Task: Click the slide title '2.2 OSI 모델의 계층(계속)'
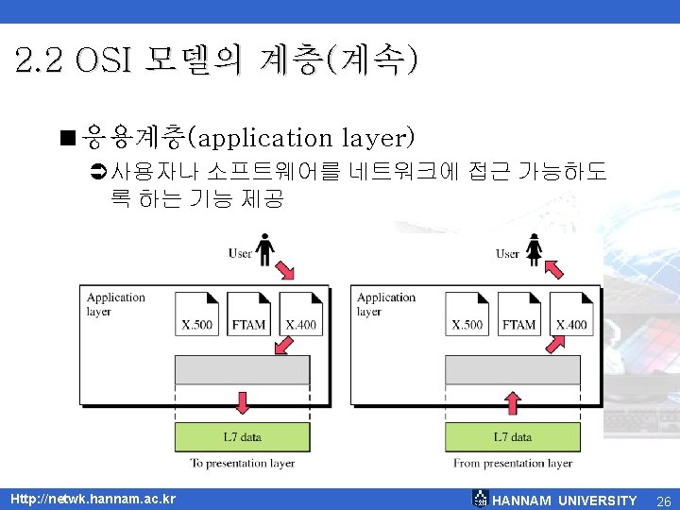click(215, 61)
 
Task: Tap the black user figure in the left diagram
click(265, 250)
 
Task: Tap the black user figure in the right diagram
click(534, 250)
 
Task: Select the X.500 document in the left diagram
click(197, 314)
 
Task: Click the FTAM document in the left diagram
click(248, 314)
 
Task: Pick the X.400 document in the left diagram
click(300, 314)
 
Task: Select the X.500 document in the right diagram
click(467, 314)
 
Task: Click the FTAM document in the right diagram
click(518, 314)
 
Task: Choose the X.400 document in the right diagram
click(570, 314)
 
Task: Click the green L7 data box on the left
click(243, 437)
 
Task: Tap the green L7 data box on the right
click(512, 437)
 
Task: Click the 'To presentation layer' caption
click(243, 464)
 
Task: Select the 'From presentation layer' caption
click(513, 464)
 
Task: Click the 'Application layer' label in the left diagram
click(116, 303)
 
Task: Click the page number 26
click(663, 500)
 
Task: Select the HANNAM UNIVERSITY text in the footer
click(565, 500)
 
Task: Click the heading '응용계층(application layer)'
click(248, 138)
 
